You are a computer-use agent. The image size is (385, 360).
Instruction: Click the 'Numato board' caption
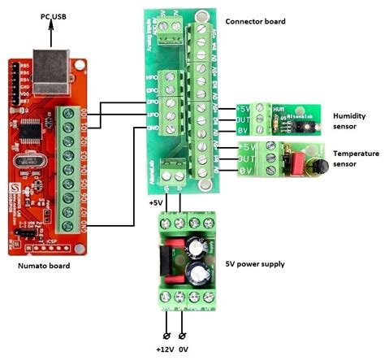pyautogui.click(x=42, y=265)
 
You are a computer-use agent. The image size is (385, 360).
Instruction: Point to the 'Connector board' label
pyautogui.click(x=257, y=20)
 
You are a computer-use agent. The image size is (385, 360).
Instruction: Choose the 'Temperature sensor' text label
pyautogui.click(x=355, y=158)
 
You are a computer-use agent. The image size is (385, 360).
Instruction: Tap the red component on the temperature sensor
pyautogui.click(x=289, y=163)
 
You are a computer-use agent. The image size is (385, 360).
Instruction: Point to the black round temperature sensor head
pyautogui.click(x=314, y=166)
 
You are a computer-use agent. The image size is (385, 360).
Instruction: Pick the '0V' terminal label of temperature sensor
pyautogui.click(x=246, y=171)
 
